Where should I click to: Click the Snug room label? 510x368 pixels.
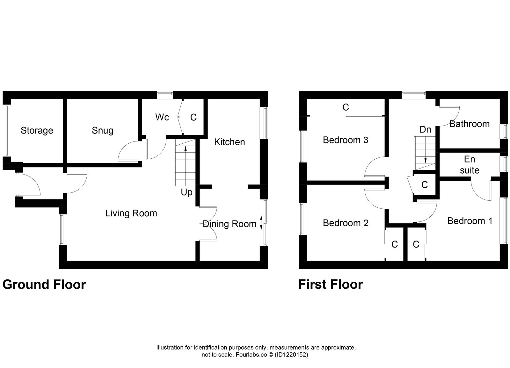102,130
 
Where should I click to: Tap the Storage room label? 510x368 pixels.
37,130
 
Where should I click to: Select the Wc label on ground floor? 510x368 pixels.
162,117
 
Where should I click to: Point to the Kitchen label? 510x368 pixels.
229,142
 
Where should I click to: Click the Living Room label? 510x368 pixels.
131,213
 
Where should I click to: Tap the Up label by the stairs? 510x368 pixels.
186,192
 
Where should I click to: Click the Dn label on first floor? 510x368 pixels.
425,129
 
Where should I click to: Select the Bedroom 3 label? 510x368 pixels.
346,140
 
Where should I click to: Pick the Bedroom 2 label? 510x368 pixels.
346,223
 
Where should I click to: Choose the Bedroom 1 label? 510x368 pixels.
470,221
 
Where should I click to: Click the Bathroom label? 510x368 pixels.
469,124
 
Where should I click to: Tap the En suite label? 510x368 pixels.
470,165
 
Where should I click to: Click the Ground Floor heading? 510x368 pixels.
44,285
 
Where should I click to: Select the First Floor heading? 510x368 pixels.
330,285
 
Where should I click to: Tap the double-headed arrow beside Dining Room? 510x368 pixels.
261,223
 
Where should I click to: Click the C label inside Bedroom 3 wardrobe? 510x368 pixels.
346,107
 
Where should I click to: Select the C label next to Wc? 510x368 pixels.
193,117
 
